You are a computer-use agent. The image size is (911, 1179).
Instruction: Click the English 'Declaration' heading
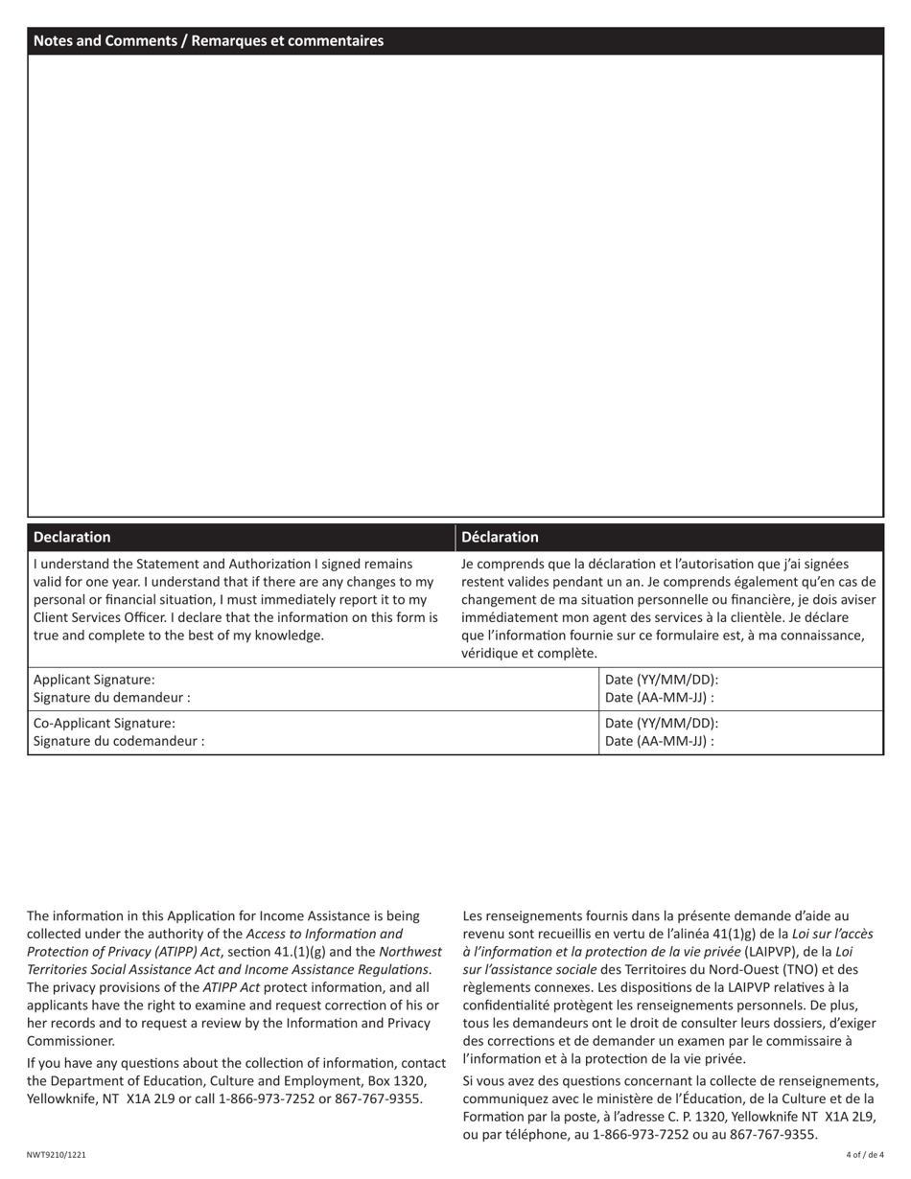pyautogui.click(x=72, y=537)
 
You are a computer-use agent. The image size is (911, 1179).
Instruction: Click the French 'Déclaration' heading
pyautogui.click(x=500, y=537)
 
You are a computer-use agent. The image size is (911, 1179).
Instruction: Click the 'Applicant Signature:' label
pyautogui.click(x=94, y=680)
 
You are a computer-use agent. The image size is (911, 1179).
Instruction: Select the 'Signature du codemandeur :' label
pyautogui.click(x=119, y=741)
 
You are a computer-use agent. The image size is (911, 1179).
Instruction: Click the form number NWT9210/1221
pyautogui.click(x=57, y=1155)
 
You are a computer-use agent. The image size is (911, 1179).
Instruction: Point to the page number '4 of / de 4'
pyautogui.click(x=864, y=1155)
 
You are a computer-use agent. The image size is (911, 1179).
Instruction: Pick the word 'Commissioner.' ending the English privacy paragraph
pyautogui.click(x=71, y=1041)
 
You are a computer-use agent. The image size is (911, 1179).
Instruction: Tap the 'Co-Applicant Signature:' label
pyautogui.click(x=105, y=724)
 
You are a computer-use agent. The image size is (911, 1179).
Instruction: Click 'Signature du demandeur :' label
pyautogui.click(x=111, y=698)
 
